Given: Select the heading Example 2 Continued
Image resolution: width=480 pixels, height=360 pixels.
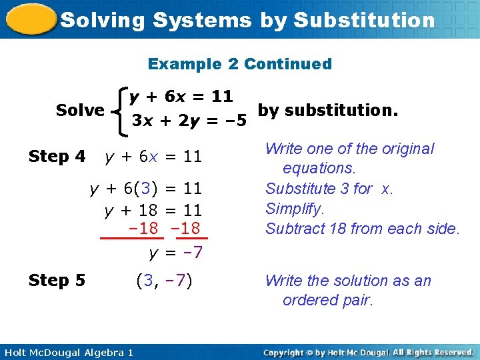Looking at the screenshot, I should pyautogui.click(x=239, y=64).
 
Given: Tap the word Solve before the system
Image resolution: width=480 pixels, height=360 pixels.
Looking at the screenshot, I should pyautogui.click(x=80, y=110).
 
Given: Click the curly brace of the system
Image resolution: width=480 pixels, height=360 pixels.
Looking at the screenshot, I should pyautogui.click(x=120, y=110).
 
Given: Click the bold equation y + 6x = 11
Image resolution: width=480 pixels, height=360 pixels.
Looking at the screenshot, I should pyautogui.click(x=181, y=97).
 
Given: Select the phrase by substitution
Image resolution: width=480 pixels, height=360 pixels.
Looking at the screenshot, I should pyautogui.click(x=327, y=109).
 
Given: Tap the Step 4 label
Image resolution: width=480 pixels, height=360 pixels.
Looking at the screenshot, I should pyautogui.click(x=57, y=157).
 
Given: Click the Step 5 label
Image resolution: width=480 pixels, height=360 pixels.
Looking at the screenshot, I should pyautogui.click(x=57, y=281).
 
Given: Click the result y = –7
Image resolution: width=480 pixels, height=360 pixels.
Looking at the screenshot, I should pyautogui.click(x=175, y=253).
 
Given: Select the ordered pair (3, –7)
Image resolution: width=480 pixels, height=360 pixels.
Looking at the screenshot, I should pyautogui.click(x=163, y=281).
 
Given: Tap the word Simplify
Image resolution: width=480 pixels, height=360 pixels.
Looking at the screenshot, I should pyautogui.click(x=295, y=209).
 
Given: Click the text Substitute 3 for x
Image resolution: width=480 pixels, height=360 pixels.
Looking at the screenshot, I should pyautogui.click(x=329, y=189).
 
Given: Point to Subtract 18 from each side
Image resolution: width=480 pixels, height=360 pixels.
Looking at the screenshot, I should pyautogui.click(x=362, y=229).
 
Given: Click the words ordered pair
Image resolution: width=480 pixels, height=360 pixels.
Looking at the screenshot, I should pyautogui.click(x=328, y=300).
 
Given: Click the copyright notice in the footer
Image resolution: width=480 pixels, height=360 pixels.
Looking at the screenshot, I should pyautogui.click(x=368, y=352).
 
